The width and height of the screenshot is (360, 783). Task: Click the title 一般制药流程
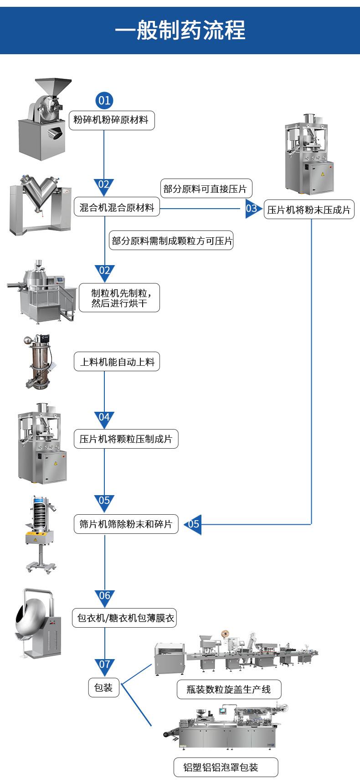[x=180, y=30]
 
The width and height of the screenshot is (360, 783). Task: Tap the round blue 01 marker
[x=104, y=100]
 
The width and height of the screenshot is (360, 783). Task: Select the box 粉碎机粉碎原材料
[x=111, y=121]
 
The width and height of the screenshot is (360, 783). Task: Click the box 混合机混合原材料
[x=117, y=208]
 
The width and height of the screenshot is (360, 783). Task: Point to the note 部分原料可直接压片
[x=205, y=189]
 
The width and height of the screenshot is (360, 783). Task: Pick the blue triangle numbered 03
[x=252, y=209]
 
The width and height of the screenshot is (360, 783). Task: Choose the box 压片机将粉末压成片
[x=309, y=210]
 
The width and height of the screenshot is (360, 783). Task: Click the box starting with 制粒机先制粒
[x=119, y=298]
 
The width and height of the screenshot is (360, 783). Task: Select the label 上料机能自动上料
[x=117, y=362]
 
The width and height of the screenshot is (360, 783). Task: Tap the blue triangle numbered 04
[x=104, y=417]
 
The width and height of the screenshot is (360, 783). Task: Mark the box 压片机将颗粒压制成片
[x=126, y=439]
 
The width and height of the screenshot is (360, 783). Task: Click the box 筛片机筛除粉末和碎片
[x=126, y=524]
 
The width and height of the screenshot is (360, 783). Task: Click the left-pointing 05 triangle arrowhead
[x=194, y=524]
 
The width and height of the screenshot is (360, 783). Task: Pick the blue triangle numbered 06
[x=105, y=596]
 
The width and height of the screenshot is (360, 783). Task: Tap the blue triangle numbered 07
[x=104, y=665]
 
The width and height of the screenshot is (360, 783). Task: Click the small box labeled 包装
[x=103, y=687]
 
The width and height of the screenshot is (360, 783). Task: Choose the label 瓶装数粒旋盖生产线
[x=229, y=690]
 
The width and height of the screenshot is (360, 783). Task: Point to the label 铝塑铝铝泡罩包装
[x=226, y=768]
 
